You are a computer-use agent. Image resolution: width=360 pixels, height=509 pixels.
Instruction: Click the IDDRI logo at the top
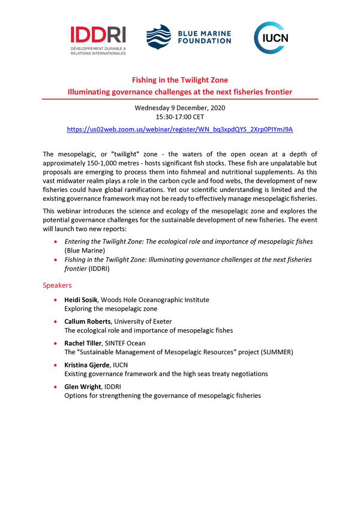pyautogui.click(x=98, y=40)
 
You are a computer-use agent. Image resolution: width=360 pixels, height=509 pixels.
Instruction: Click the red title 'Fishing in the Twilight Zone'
pyautogui.click(x=180, y=80)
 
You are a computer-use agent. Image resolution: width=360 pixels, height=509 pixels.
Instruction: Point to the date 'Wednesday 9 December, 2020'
pyautogui.click(x=180, y=108)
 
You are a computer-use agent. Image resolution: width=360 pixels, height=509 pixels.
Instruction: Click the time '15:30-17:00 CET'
pyautogui.click(x=180, y=118)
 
